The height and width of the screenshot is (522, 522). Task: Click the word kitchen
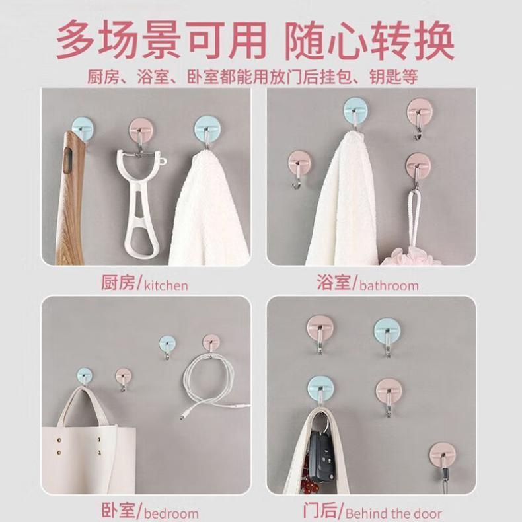tap(166, 285)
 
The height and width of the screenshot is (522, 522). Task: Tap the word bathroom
tap(389, 285)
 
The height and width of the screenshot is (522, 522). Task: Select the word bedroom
tap(171, 513)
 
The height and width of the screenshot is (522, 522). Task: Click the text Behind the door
tap(393, 513)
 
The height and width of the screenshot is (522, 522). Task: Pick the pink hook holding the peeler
tap(140, 130)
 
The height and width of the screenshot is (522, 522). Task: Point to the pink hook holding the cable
tap(211, 342)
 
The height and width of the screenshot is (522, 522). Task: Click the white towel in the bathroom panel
tap(343, 200)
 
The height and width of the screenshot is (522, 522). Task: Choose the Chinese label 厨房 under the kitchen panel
tap(118, 283)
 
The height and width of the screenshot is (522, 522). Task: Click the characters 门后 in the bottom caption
tap(320, 511)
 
